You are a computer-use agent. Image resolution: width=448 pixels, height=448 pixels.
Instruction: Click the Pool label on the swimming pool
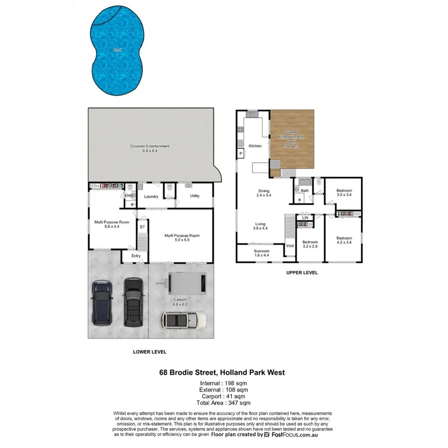coord(117,50)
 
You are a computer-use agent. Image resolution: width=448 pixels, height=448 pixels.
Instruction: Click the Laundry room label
coord(151,197)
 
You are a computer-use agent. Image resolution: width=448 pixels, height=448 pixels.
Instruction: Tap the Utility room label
coord(195,196)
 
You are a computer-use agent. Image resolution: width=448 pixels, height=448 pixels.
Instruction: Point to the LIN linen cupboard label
coord(305,218)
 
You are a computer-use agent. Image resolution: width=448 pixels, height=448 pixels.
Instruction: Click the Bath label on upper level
coord(305,191)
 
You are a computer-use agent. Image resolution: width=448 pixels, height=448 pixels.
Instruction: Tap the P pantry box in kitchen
coord(241,154)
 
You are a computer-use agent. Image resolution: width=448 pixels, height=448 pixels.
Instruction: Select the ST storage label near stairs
coord(142,227)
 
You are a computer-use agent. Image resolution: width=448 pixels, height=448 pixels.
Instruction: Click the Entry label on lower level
coord(136,256)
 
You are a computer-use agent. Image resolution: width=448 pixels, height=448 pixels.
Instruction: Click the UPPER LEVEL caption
coord(302,273)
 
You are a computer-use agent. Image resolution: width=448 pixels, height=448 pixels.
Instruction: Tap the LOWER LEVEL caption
coord(149,351)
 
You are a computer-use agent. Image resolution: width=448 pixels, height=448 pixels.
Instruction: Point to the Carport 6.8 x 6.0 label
coord(180,302)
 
